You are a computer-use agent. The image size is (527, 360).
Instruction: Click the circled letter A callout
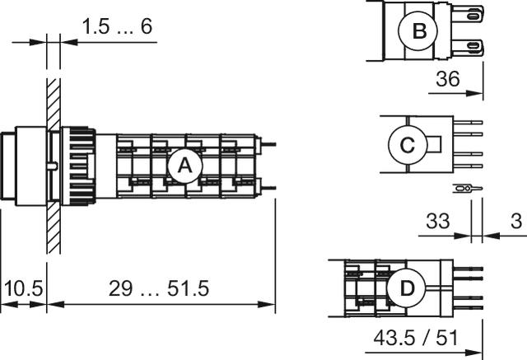click(184, 166)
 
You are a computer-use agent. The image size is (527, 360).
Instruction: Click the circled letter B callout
click(418, 31)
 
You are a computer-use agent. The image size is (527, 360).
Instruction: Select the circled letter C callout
click(407, 145)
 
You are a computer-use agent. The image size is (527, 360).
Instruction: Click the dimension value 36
click(446, 79)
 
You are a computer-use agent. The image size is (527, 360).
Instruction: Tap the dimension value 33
click(440, 221)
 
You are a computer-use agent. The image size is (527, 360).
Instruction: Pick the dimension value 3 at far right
click(515, 221)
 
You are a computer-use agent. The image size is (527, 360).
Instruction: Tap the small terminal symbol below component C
click(465, 189)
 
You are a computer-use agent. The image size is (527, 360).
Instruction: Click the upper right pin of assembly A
click(268, 146)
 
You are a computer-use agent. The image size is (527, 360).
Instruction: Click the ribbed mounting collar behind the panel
click(79, 165)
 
